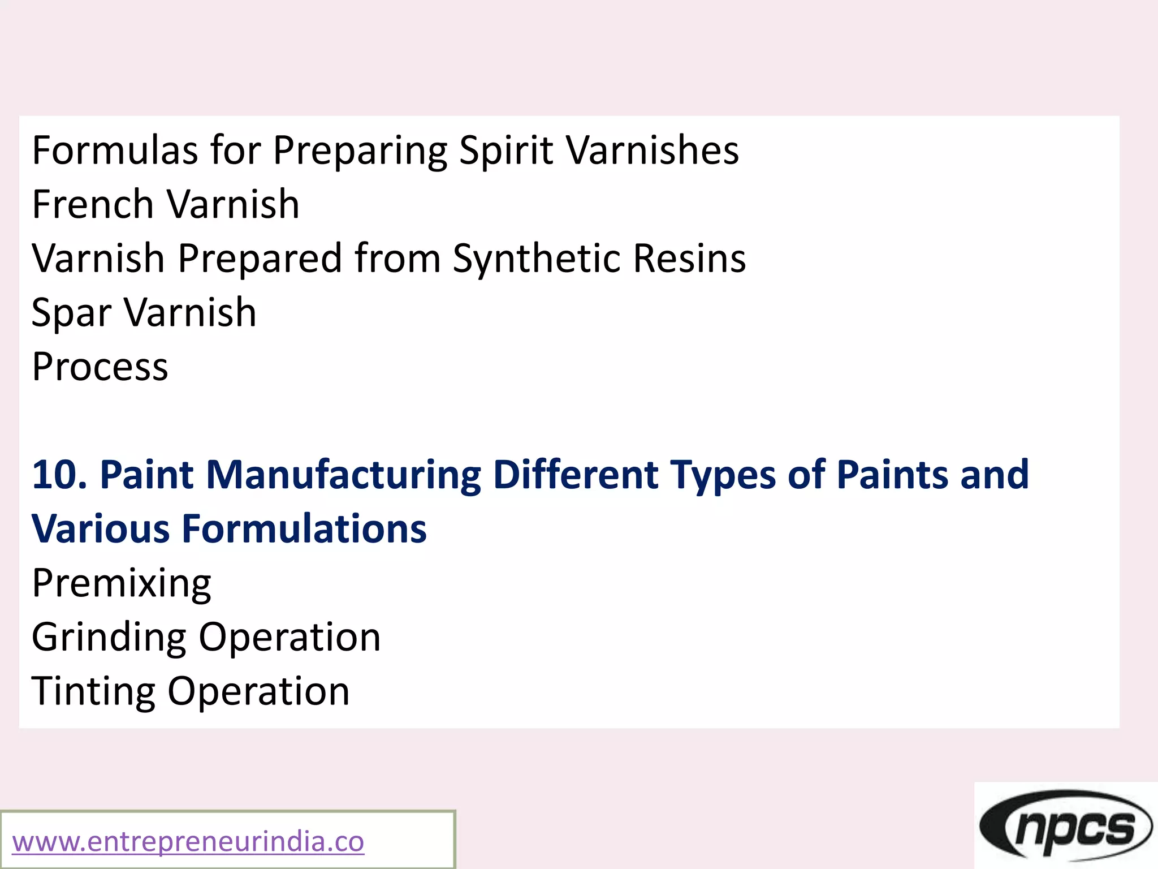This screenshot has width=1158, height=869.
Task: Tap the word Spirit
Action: coord(505,150)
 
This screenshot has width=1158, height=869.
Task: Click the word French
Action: coord(93,204)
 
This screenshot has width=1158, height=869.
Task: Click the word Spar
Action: coord(71,313)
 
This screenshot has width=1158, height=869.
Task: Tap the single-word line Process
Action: coord(100,367)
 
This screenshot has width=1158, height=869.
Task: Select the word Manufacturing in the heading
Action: coord(343,475)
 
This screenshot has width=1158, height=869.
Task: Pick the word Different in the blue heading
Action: coord(574,475)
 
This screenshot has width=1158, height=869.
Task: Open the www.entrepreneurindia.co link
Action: coord(188,842)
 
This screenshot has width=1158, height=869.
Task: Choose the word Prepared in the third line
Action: coord(260,259)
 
